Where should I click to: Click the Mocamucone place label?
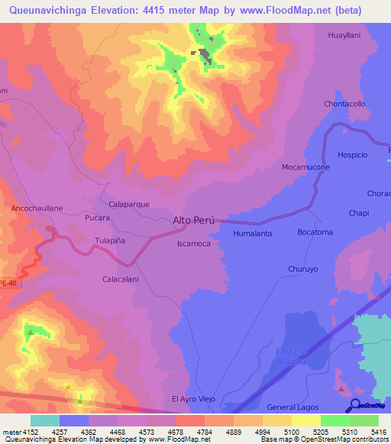click(x=305, y=167)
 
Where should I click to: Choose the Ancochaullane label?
click(x=37, y=208)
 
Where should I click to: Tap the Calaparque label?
click(x=129, y=204)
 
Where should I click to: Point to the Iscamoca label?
click(x=193, y=243)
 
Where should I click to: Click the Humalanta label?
click(x=252, y=233)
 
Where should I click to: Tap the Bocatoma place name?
click(x=315, y=232)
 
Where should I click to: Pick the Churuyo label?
click(x=302, y=269)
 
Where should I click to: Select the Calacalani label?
click(x=121, y=279)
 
